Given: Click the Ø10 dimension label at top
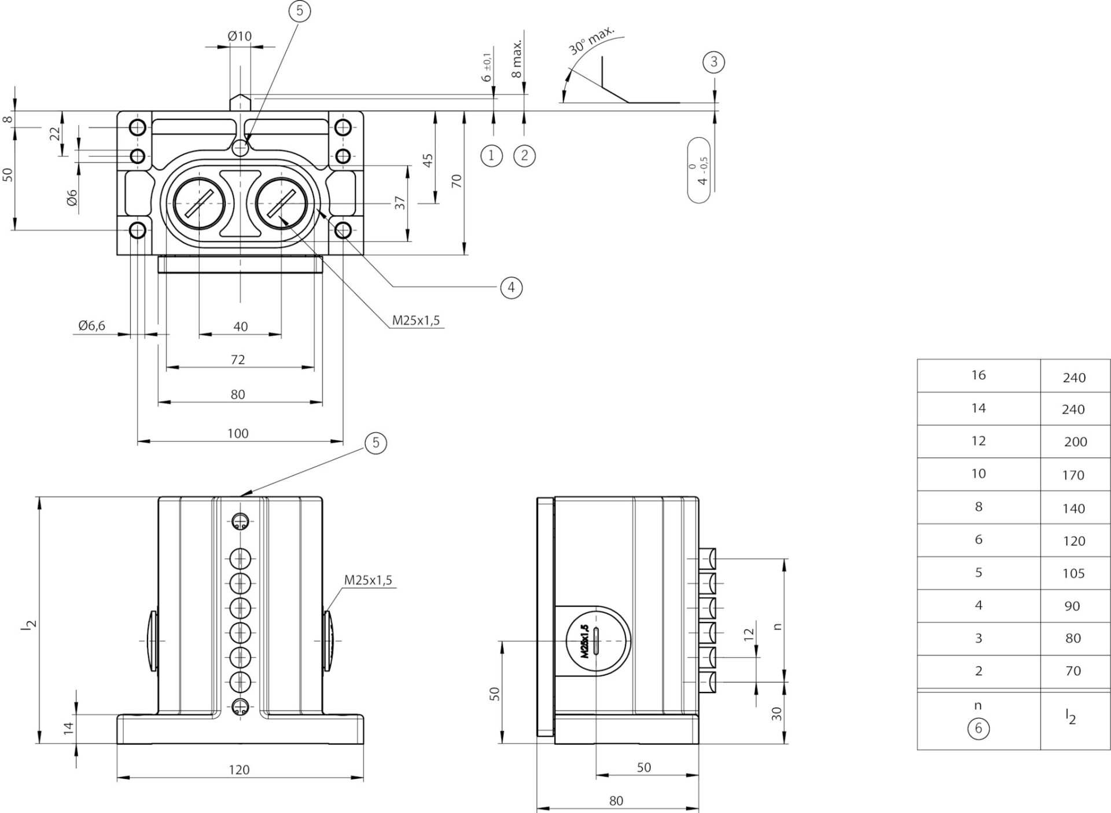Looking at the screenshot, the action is click(x=240, y=36).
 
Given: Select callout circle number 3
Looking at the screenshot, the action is click(x=713, y=62).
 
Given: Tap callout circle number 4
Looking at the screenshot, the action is click(x=511, y=287).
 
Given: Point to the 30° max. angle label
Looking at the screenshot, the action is click(x=591, y=41).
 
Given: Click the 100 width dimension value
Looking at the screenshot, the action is click(x=238, y=433).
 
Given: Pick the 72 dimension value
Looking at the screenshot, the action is click(x=238, y=360).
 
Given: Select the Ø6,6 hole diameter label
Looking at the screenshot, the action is click(x=92, y=325).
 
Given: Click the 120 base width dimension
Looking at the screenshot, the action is click(x=239, y=770).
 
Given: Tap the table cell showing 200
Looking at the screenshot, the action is click(x=1075, y=442).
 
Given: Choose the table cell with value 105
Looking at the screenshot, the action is click(x=1073, y=573).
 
